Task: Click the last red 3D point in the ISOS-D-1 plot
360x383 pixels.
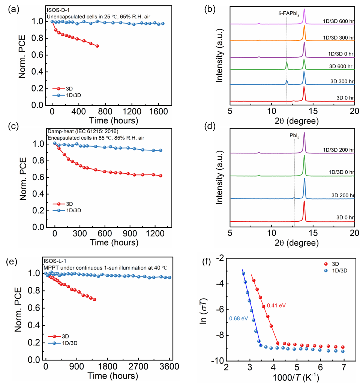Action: coord(97,46)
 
